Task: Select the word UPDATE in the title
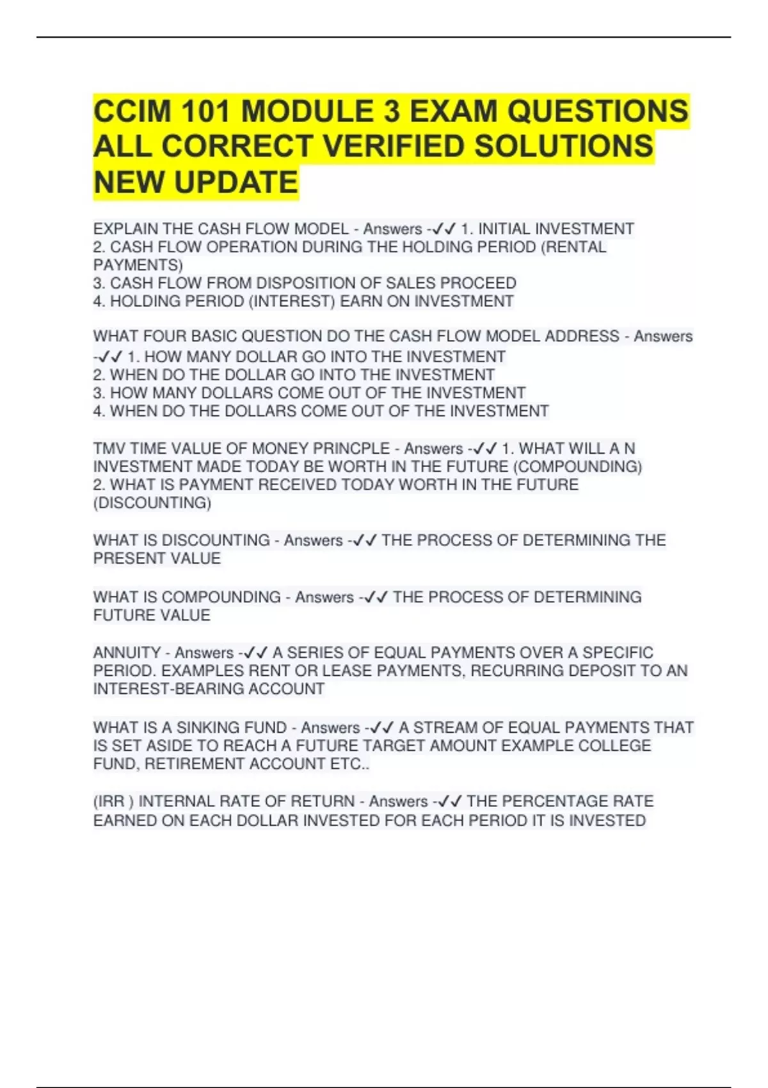236,182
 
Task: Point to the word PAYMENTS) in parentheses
138,265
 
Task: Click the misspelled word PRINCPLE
351,449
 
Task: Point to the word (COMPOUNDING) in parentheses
577,467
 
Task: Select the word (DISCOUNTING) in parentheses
152,503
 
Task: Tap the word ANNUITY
127,653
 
